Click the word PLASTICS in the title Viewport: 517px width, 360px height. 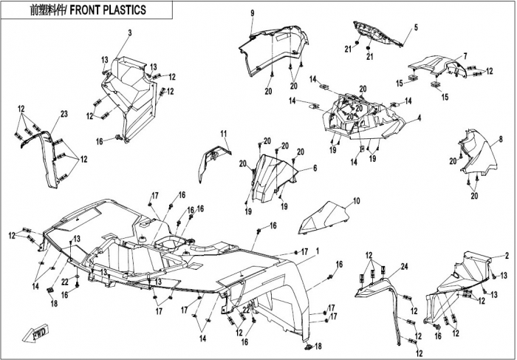click(x=125, y=10)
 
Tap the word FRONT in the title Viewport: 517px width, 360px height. click(x=85, y=10)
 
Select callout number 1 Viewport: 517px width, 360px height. click(x=317, y=251)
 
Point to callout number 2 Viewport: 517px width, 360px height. click(x=507, y=255)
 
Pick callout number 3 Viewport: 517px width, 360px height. click(x=130, y=33)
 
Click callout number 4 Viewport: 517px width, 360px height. click(x=420, y=118)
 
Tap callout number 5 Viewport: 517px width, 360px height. click(x=416, y=27)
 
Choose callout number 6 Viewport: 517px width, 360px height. click(x=315, y=169)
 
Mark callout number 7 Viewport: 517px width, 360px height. click(x=465, y=56)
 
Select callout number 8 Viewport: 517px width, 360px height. click(x=501, y=139)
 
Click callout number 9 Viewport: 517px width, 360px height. click(x=253, y=13)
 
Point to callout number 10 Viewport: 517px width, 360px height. click(x=356, y=200)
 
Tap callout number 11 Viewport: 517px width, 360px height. click(x=224, y=134)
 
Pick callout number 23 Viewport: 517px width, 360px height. click(x=64, y=114)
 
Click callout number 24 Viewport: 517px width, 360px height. click(x=404, y=266)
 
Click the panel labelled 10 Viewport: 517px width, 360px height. click(x=325, y=218)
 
